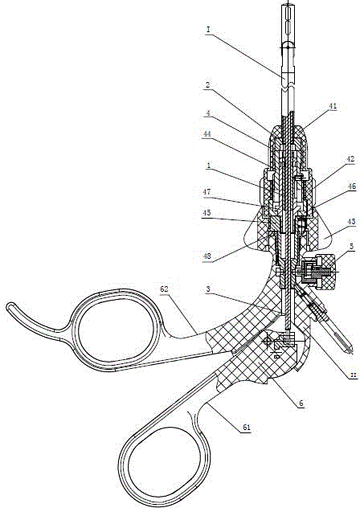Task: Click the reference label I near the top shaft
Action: pos(208,30)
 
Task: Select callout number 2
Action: pos(207,85)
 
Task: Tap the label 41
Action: pos(333,106)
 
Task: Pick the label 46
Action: pos(351,186)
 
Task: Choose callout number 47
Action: pos(206,192)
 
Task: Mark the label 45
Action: pos(206,212)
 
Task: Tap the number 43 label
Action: pos(351,222)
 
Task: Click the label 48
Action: pos(207,256)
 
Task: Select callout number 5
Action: pos(352,247)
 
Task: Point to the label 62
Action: pos(164,289)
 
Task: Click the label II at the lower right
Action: pos(354,375)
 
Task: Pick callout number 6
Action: pos(301,404)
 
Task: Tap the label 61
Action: pos(247,428)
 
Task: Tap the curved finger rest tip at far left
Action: pos(10,305)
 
